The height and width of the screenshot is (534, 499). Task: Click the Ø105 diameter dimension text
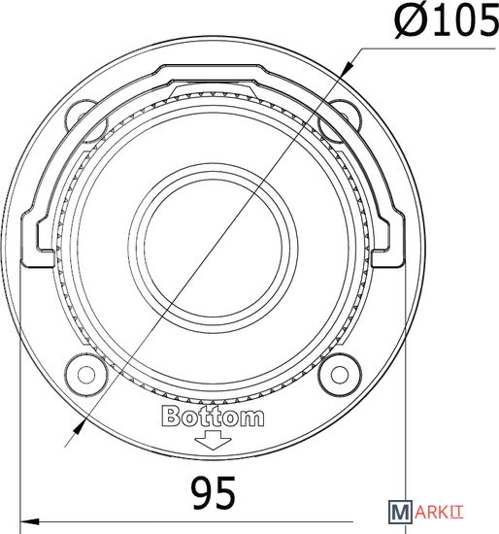pos(447,21)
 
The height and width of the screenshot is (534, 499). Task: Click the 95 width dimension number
pos(214,493)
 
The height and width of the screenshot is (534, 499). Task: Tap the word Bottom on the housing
pos(213,417)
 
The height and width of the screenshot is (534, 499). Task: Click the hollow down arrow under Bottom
pos(213,440)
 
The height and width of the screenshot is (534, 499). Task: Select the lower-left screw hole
pos(86,375)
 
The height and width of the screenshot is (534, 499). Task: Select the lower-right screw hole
pos(340,375)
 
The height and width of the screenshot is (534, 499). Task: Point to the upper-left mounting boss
pos(84,120)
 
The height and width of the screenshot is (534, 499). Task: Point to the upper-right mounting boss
pos(339,120)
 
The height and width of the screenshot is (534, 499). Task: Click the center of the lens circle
pos(213,248)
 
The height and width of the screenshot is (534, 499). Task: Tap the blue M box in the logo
pos(400,512)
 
